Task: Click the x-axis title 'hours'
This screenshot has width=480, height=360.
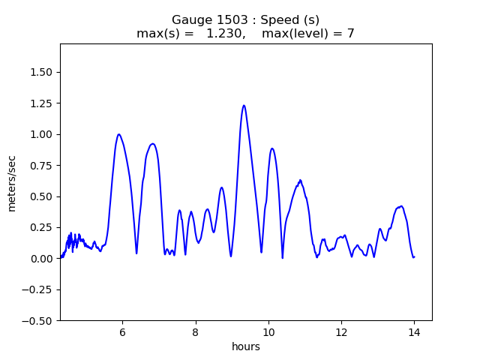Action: click(246, 346)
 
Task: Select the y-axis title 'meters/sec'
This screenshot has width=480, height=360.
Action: click(12, 183)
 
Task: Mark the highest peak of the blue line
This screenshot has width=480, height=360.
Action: click(244, 106)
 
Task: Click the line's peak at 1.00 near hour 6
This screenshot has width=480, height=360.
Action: click(118, 135)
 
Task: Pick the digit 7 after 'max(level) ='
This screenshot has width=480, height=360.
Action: click(350, 34)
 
